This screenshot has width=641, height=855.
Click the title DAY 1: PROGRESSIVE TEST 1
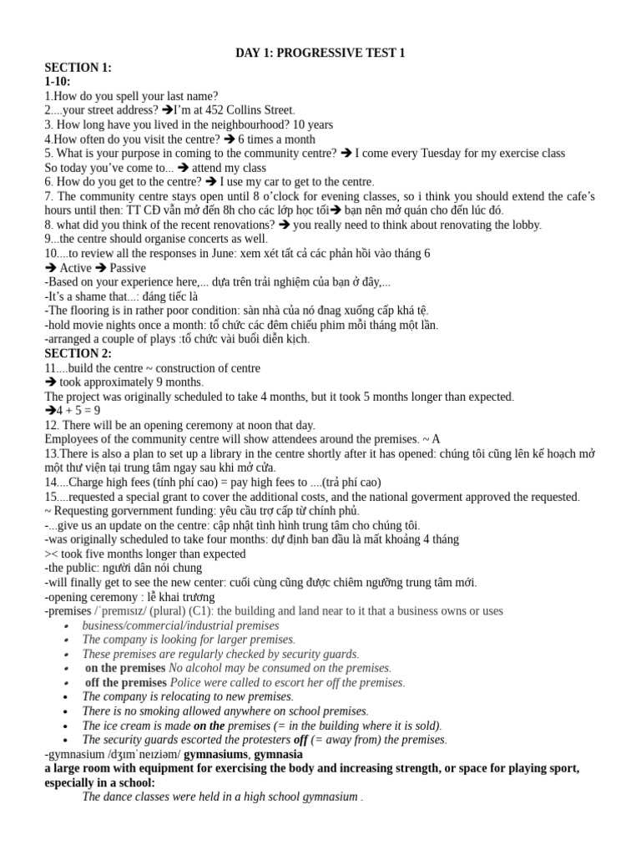(x=321, y=53)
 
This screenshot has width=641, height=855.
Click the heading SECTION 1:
(x=78, y=68)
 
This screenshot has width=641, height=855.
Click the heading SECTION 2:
(x=78, y=353)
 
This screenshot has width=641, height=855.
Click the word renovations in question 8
(x=242, y=225)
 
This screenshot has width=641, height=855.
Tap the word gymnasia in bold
(x=278, y=754)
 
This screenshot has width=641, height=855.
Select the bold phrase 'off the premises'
(x=126, y=682)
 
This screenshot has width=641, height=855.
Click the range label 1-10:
(x=58, y=82)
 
